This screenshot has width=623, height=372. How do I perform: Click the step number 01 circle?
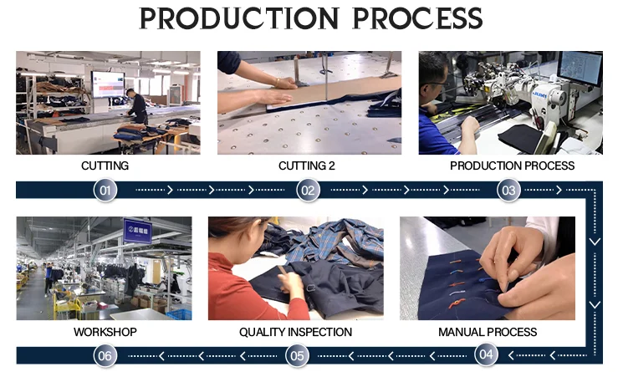pos(105,190)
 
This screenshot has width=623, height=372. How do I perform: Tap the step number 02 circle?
pos(308,190)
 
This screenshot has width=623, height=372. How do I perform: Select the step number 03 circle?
pos(508,190)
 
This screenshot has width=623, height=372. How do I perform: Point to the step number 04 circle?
pos(486,354)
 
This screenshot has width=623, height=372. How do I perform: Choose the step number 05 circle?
pos(297,355)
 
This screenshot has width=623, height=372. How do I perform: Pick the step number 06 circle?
pos(105,355)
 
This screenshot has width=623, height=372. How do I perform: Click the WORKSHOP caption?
pos(105,332)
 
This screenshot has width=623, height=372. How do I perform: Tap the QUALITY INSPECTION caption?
pos(295,332)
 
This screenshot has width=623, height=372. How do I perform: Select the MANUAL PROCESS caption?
pos(488,332)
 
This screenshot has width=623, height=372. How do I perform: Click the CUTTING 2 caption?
pos(307,166)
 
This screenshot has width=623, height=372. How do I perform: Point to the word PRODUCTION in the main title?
pos(239,18)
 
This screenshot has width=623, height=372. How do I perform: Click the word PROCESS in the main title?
pos(417,18)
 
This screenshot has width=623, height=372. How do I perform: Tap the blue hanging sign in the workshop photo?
pos(137,230)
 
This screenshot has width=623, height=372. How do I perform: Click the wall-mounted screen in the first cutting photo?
pos(108,84)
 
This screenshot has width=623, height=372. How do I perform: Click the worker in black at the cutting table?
pos(137,106)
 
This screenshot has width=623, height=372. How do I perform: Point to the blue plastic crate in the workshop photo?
pos(179,314)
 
